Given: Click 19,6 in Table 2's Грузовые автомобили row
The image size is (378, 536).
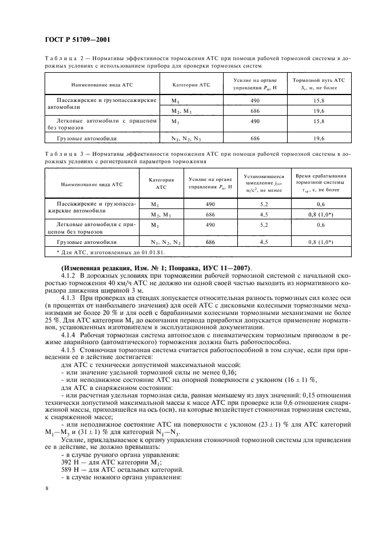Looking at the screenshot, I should (x=319, y=139).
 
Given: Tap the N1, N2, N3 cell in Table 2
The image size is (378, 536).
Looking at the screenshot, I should (x=186, y=139).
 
